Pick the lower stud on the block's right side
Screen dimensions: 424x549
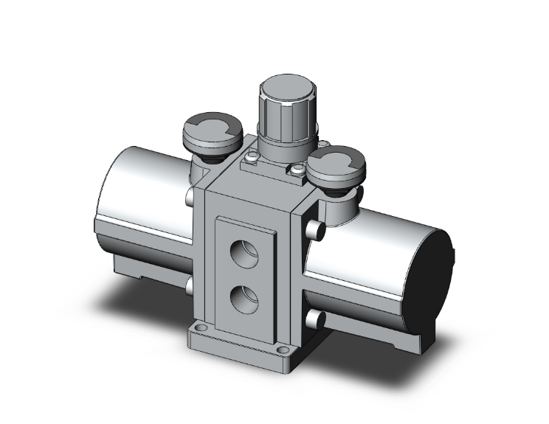315,319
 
